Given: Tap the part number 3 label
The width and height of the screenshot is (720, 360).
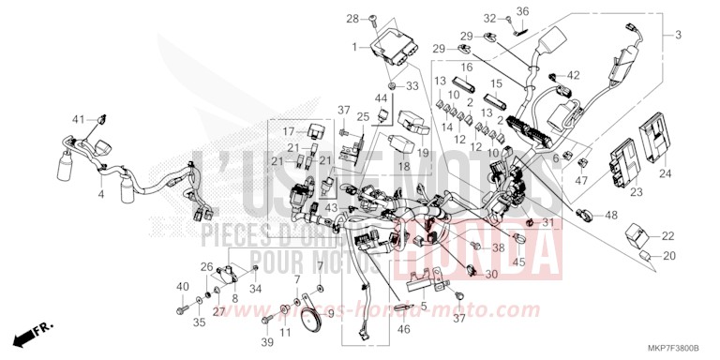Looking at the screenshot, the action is (x=678, y=35).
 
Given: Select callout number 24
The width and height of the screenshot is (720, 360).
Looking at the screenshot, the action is (x=666, y=173).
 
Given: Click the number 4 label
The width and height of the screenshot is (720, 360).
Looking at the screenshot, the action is (x=100, y=195).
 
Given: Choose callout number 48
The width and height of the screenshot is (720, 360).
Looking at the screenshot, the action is (x=611, y=216).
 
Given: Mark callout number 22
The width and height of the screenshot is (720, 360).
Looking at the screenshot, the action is (x=667, y=236).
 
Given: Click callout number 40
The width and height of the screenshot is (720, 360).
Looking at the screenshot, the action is (x=181, y=285).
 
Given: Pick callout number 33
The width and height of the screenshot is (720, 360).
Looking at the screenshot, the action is (x=412, y=86).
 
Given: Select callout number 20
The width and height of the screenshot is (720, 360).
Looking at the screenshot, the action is (x=667, y=256).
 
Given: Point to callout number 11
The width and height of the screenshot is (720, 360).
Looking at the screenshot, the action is (x=286, y=332).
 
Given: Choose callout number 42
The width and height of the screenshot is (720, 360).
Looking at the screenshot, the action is (x=574, y=76).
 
